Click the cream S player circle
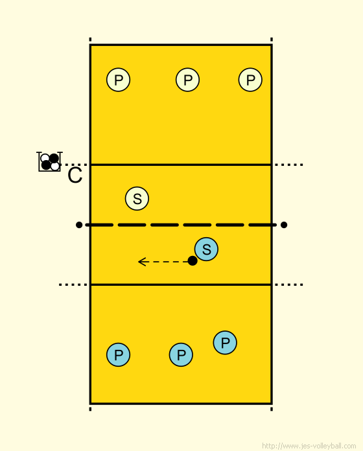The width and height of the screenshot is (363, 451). (x=137, y=198)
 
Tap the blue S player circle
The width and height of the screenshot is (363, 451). (x=206, y=249)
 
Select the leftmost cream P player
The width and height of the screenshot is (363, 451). (x=118, y=80)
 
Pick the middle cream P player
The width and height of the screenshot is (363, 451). (x=187, y=80)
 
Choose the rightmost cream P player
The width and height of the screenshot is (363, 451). (x=250, y=80)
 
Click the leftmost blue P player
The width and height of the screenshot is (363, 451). (x=118, y=354)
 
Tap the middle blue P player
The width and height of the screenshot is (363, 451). (x=181, y=354)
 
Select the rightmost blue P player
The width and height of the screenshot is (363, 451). (x=225, y=343)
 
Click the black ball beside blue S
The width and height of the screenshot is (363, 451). (x=193, y=261)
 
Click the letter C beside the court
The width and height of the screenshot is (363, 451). (x=75, y=175)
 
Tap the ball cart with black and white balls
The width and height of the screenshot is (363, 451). (x=49, y=161)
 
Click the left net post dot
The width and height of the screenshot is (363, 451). (x=79, y=225)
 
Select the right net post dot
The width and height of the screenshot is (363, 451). (x=284, y=225)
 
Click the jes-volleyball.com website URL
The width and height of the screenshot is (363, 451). (x=309, y=446)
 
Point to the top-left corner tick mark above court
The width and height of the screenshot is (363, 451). (x=90, y=40)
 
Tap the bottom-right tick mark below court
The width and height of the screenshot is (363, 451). (x=272, y=409)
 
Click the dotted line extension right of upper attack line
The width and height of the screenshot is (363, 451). (x=288, y=165)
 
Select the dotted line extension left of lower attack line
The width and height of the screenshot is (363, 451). (x=73, y=284)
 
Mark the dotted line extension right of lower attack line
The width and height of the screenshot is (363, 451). (x=288, y=284)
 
